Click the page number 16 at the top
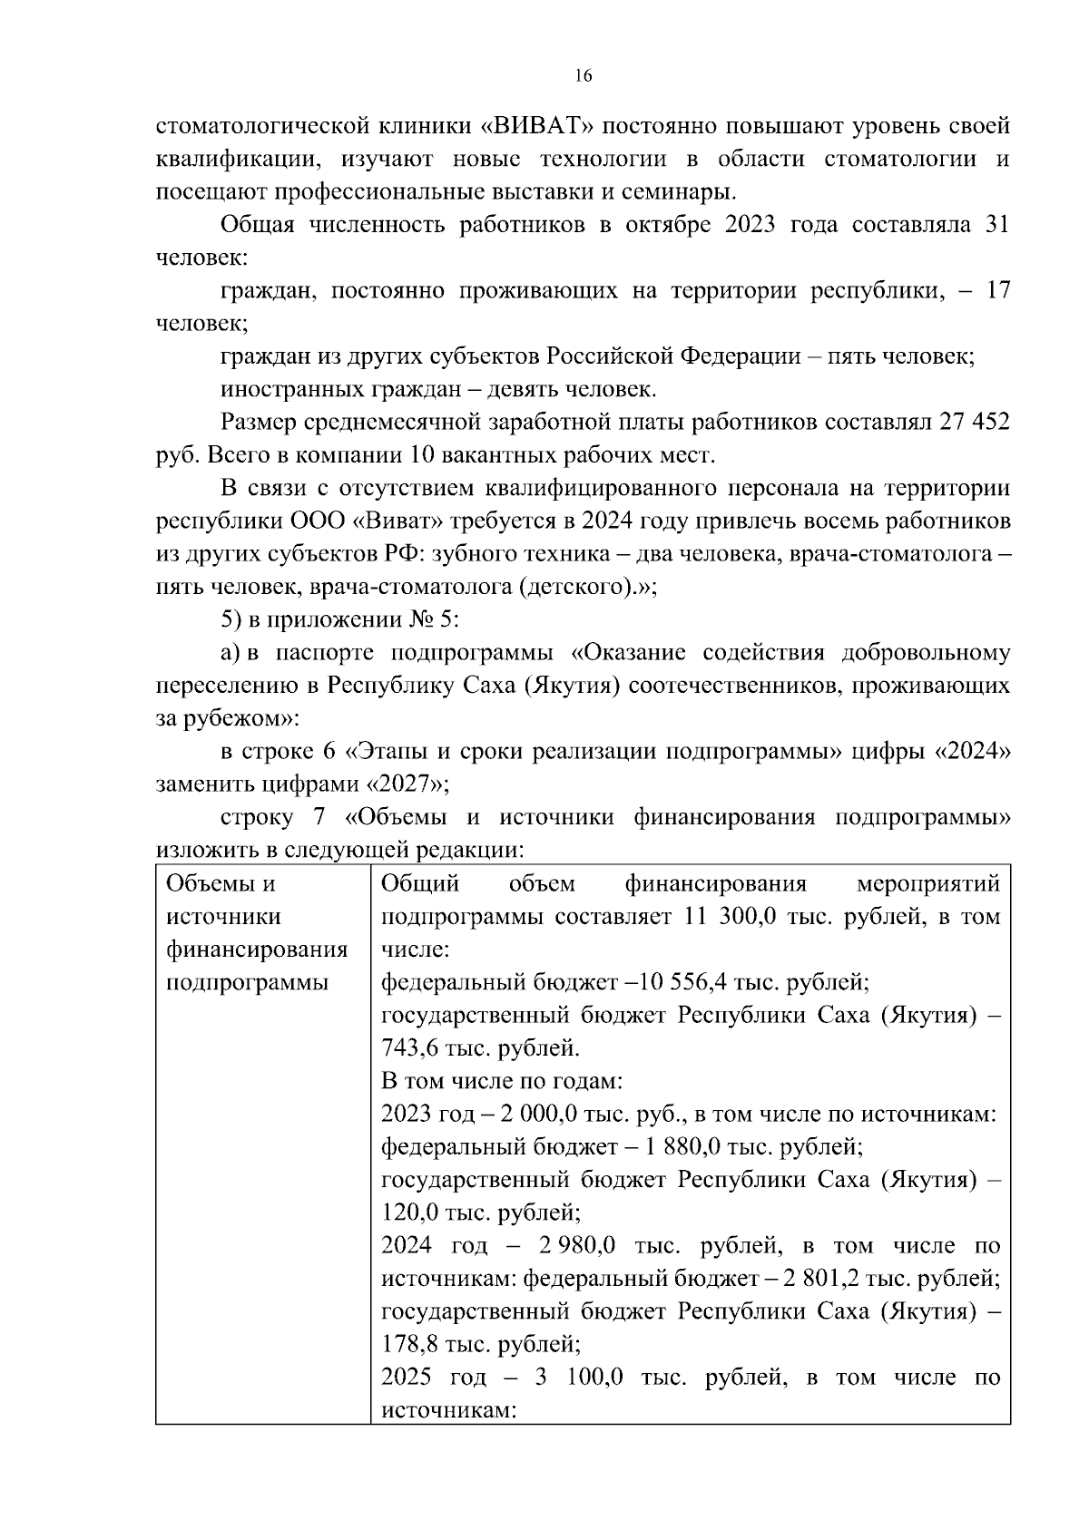(584, 76)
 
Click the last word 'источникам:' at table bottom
(448, 1411)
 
